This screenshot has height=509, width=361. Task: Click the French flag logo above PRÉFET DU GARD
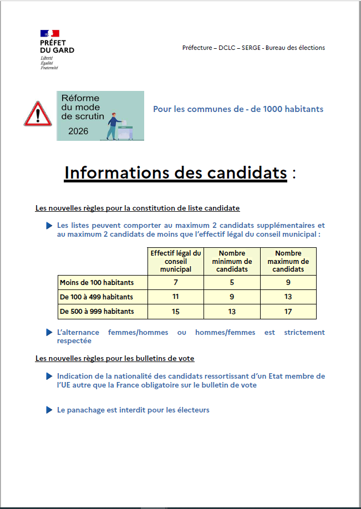49,33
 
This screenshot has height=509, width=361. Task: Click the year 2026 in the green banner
79,131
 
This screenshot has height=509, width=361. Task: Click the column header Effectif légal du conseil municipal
176,261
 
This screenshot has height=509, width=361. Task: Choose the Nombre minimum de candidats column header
232,261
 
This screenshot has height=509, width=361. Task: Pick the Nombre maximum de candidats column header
288,261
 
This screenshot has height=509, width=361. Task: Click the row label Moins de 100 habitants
96,283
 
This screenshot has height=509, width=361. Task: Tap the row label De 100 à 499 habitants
96,297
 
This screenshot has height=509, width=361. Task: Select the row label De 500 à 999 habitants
96,312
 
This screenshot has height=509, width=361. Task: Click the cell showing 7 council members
176,283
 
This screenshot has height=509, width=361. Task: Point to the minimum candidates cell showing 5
232,283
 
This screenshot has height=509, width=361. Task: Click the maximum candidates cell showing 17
288,312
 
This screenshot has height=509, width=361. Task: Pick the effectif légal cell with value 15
176,312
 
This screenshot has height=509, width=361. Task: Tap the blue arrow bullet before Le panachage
50,410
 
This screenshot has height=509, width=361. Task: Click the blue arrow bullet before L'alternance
50,332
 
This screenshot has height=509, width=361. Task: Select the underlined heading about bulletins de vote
115,359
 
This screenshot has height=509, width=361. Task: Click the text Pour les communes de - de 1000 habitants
238,109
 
